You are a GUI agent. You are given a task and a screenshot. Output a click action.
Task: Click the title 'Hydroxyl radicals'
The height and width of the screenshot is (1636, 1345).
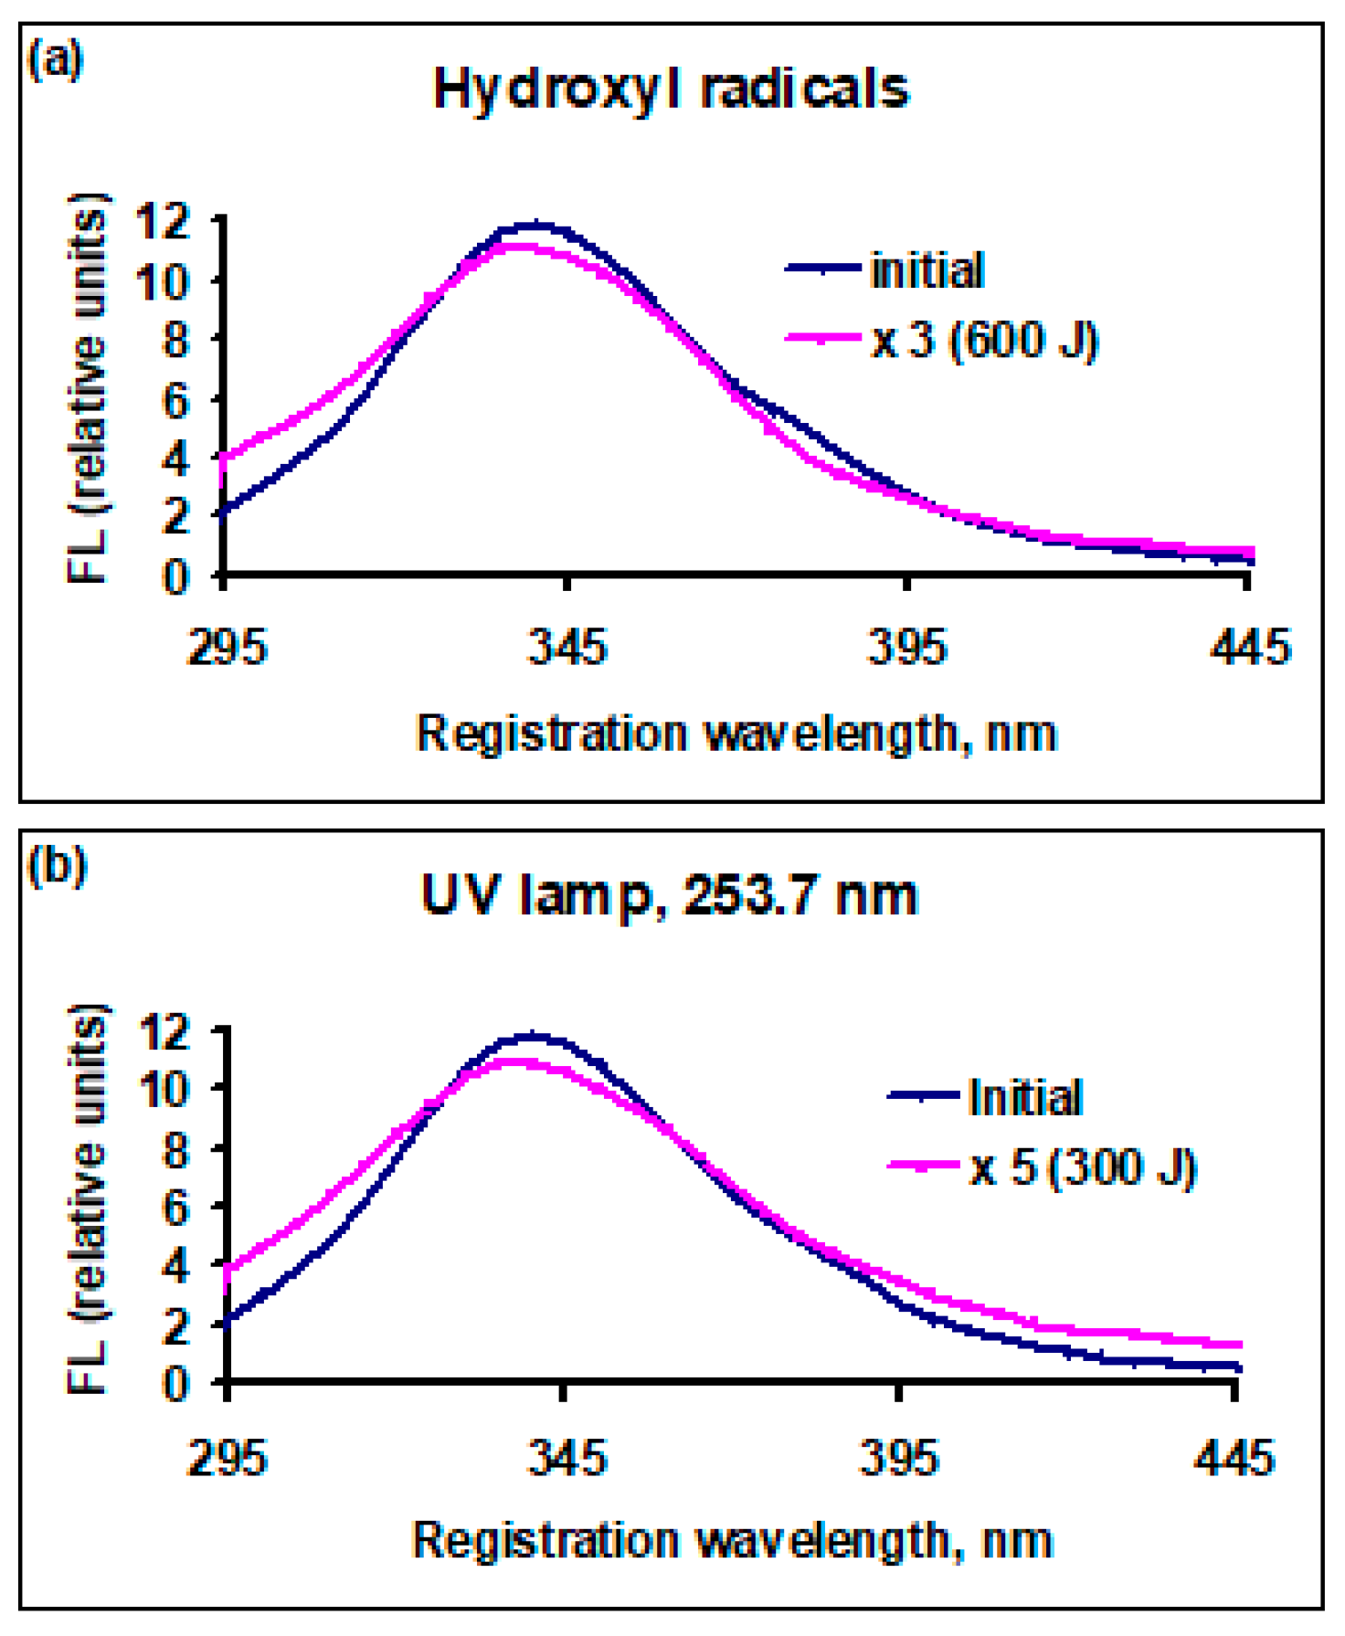[x=671, y=90]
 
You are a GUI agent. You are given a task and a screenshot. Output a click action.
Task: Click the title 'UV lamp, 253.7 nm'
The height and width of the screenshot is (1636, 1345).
[x=669, y=895]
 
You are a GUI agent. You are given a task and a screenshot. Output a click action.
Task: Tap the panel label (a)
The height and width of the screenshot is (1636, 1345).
[x=56, y=60]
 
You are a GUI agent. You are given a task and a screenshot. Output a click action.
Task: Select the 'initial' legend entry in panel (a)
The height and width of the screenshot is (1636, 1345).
[x=927, y=270]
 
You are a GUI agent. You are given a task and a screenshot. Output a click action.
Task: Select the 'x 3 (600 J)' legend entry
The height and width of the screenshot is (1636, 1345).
[x=983, y=341]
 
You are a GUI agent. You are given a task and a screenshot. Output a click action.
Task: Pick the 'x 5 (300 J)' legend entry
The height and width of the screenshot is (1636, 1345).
[x=1082, y=1168]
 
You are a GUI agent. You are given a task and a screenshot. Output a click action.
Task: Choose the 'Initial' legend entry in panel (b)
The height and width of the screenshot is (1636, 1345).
[x=1024, y=1097]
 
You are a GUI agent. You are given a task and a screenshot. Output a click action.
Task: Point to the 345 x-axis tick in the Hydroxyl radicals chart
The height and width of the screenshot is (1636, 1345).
[x=567, y=648]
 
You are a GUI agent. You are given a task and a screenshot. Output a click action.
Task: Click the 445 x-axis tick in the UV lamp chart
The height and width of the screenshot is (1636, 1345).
[x=1233, y=1457]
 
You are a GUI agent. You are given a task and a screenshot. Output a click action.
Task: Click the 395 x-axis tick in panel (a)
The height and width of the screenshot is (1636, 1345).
[x=906, y=648]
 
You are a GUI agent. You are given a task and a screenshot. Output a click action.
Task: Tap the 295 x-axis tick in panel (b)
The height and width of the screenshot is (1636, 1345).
[x=227, y=1457]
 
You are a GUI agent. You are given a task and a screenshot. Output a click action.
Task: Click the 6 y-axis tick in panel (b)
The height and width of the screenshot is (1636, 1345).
[x=175, y=1208]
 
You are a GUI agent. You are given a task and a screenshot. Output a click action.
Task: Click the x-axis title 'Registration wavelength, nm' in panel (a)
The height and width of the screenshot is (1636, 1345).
[x=736, y=734]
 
